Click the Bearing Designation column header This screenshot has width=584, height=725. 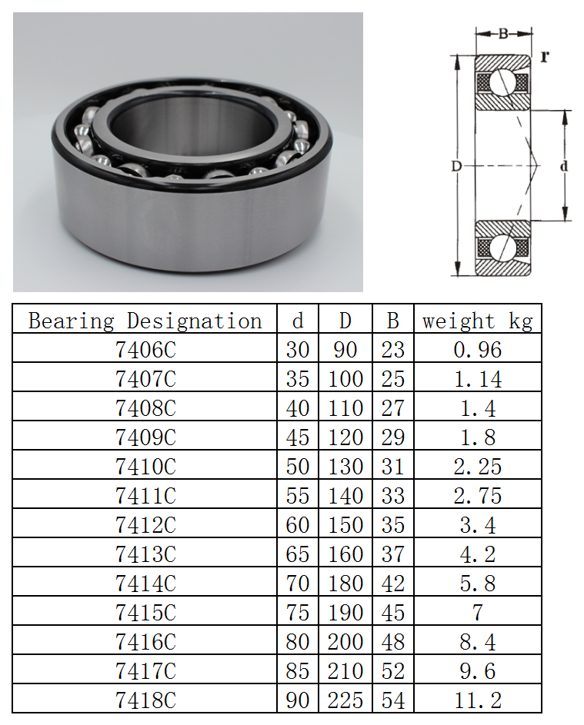pyautogui.click(x=145, y=321)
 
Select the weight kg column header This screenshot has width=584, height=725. pyautogui.click(x=477, y=321)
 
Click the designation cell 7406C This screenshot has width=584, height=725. pyautogui.click(x=145, y=350)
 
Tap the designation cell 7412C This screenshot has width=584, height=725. pyautogui.click(x=145, y=525)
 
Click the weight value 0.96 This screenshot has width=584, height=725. pyautogui.click(x=477, y=350)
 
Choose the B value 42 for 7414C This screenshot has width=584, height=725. pyautogui.click(x=393, y=583)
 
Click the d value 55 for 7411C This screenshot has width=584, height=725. pyautogui.click(x=298, y=496)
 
